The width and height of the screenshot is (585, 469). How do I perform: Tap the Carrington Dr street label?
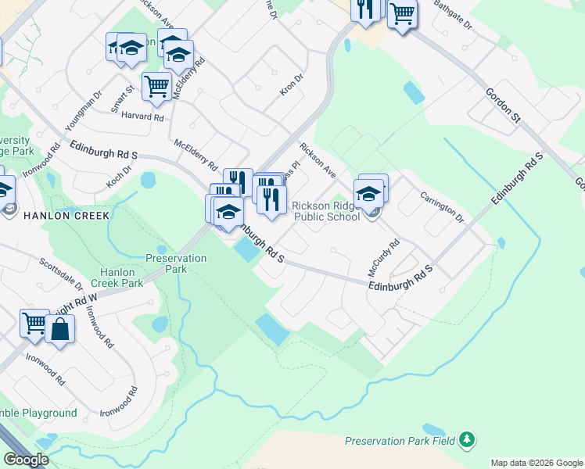click(442, 207)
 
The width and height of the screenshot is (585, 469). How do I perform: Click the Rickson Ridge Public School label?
click(325, 211)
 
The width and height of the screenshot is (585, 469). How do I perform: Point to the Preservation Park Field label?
click(400, 441)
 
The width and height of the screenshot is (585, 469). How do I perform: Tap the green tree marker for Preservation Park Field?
click(467, 440)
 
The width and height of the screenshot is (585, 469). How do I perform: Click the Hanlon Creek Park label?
click(117, 277)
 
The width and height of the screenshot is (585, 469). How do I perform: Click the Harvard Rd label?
click(142, 117)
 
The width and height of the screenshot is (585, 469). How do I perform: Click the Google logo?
click(26, 460)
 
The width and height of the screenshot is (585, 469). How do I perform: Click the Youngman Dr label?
click(84, 110)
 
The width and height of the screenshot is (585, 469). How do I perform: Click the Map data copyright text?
click(536, 463)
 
